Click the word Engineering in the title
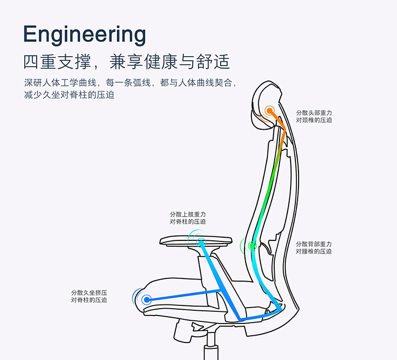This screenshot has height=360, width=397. pos(85,34)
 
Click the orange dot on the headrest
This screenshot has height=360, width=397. pos(270,111)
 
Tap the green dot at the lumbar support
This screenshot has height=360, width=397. pos(252,245)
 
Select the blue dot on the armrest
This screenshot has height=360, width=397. pos(201,242)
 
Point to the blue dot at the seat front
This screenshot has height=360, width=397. pos(146,299)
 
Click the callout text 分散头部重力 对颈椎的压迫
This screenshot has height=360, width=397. pos(314,116)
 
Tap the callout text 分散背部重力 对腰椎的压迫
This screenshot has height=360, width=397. pos(314,248)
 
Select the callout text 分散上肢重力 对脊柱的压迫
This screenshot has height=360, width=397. pos(188,218)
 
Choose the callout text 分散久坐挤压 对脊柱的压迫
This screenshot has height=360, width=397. pos(89,296)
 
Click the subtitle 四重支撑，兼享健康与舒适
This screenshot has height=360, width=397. pos(127,61)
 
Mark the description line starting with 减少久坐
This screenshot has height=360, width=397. pos(69,95)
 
